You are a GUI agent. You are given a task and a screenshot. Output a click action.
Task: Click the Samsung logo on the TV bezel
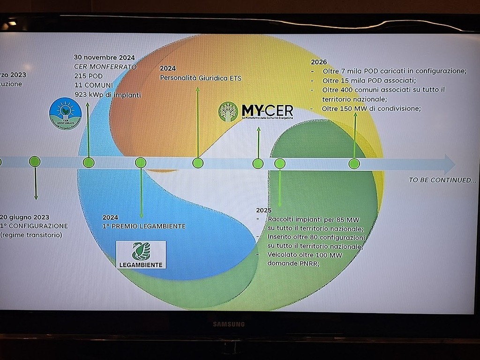[229, 324]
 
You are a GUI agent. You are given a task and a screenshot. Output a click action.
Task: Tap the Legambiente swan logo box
[141, 255]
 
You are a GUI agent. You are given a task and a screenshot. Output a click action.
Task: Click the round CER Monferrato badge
[65, 113]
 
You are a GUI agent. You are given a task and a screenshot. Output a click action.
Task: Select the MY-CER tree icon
[228, 112]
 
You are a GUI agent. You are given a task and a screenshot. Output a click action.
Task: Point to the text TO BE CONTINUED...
[442, 180]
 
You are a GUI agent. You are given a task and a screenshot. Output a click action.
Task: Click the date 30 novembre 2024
[104, 58]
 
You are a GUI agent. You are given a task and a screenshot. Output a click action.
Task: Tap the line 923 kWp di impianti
[107, 95]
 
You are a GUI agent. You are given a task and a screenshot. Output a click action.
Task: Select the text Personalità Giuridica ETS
[201, 78]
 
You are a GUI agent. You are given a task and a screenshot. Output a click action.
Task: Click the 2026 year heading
[319, 62]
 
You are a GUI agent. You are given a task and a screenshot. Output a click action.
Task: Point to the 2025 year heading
[264, 210]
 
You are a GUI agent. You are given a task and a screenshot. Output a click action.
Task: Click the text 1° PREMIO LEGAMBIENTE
[144, 226]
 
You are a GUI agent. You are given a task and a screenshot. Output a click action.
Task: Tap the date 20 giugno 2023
[24, 217]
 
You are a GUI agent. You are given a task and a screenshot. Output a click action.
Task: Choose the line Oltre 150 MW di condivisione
[371, 109]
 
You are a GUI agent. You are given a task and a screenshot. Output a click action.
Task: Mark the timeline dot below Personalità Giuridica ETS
[198, 163]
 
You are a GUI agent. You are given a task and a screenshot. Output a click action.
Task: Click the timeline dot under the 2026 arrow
[354, 164]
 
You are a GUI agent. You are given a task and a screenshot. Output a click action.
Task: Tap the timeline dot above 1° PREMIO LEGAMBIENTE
[141, 163]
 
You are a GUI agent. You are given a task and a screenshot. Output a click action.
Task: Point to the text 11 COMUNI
[93, 85]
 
